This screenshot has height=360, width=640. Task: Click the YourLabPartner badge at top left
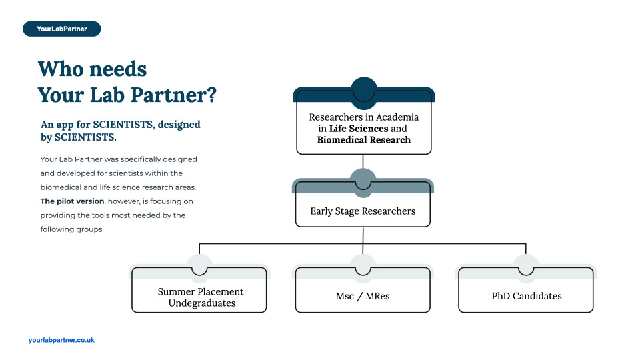click(61, 29)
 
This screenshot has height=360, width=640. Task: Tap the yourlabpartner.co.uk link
click(61, 340)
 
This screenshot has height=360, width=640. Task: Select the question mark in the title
click(210, 95)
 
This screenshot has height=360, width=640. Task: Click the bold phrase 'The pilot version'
click(73, 201)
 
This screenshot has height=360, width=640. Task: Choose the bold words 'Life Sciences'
click(359, 129)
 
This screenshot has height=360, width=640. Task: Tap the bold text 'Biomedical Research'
click(364, 140)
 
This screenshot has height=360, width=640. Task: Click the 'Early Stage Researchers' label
click(363, 211)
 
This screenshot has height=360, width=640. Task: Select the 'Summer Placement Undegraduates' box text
click(200, 297)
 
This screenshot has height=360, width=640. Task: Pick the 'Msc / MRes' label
click(363, 296)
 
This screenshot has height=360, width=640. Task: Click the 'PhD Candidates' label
click(526, 296)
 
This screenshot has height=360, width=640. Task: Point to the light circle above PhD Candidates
click(526, 263)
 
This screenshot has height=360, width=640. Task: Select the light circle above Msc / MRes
click(363, 263)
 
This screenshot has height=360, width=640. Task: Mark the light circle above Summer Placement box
click(200, 263)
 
